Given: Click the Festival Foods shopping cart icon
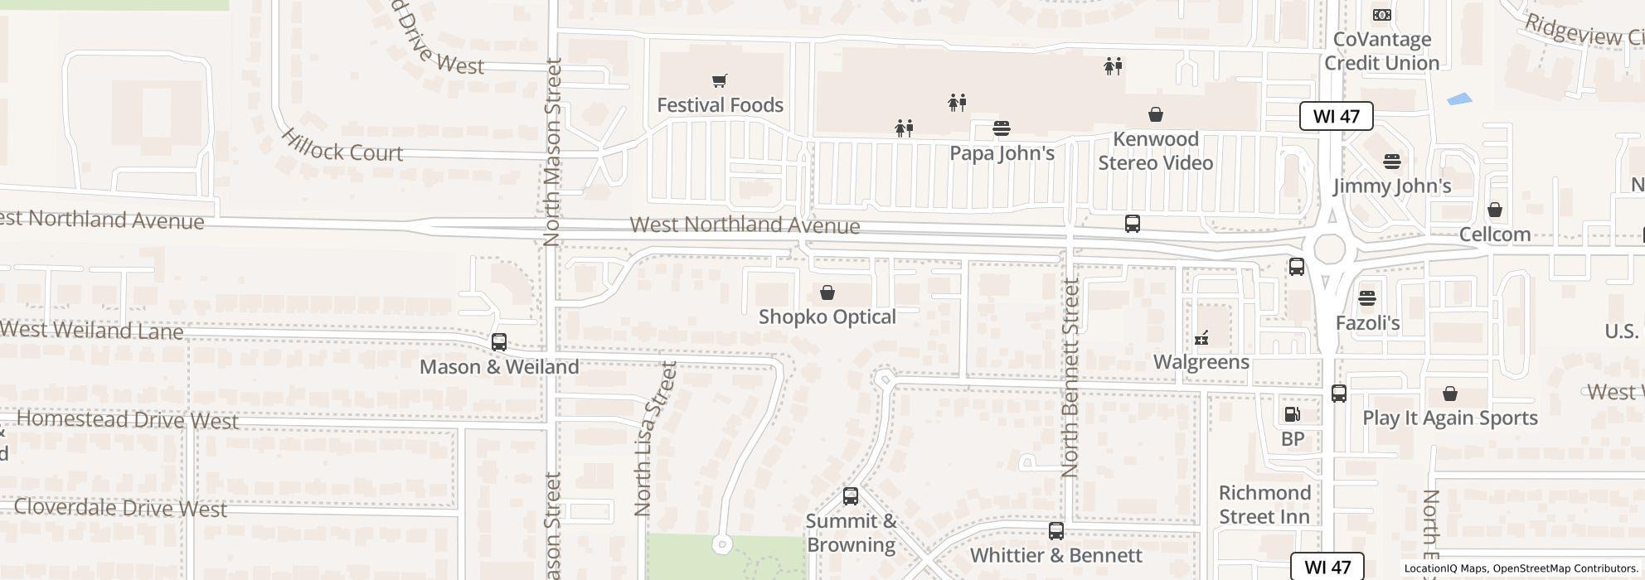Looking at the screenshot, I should click(719, 80).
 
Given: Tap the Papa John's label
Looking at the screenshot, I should click(1002, 153).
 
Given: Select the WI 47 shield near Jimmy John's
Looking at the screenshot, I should click(1336, 116).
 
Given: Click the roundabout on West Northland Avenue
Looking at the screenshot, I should click(1328, 249).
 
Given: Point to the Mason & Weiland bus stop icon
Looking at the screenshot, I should click(498, 341).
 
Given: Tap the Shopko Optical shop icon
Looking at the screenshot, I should click(827, 292).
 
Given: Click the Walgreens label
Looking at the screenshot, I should click(1201, 362).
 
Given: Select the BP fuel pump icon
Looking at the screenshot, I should click(1292, 414).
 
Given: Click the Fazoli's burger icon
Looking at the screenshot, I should click(1366, 297).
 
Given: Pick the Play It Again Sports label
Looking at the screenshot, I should click(1449, 418).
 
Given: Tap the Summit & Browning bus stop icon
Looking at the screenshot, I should click(850, 496).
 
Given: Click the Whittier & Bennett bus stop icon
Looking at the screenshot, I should click(1055, 530).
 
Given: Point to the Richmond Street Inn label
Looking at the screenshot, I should click(1264, 505).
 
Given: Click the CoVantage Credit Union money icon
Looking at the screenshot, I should click(1381, 15).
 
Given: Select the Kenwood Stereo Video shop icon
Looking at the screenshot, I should click(1155, 114).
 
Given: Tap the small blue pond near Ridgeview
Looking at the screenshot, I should click(1459, 99).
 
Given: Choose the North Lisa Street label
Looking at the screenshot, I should click(654, 439).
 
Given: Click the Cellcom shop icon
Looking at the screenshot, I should click(1494, 210).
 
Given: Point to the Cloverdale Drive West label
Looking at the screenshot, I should click(120, 508).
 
